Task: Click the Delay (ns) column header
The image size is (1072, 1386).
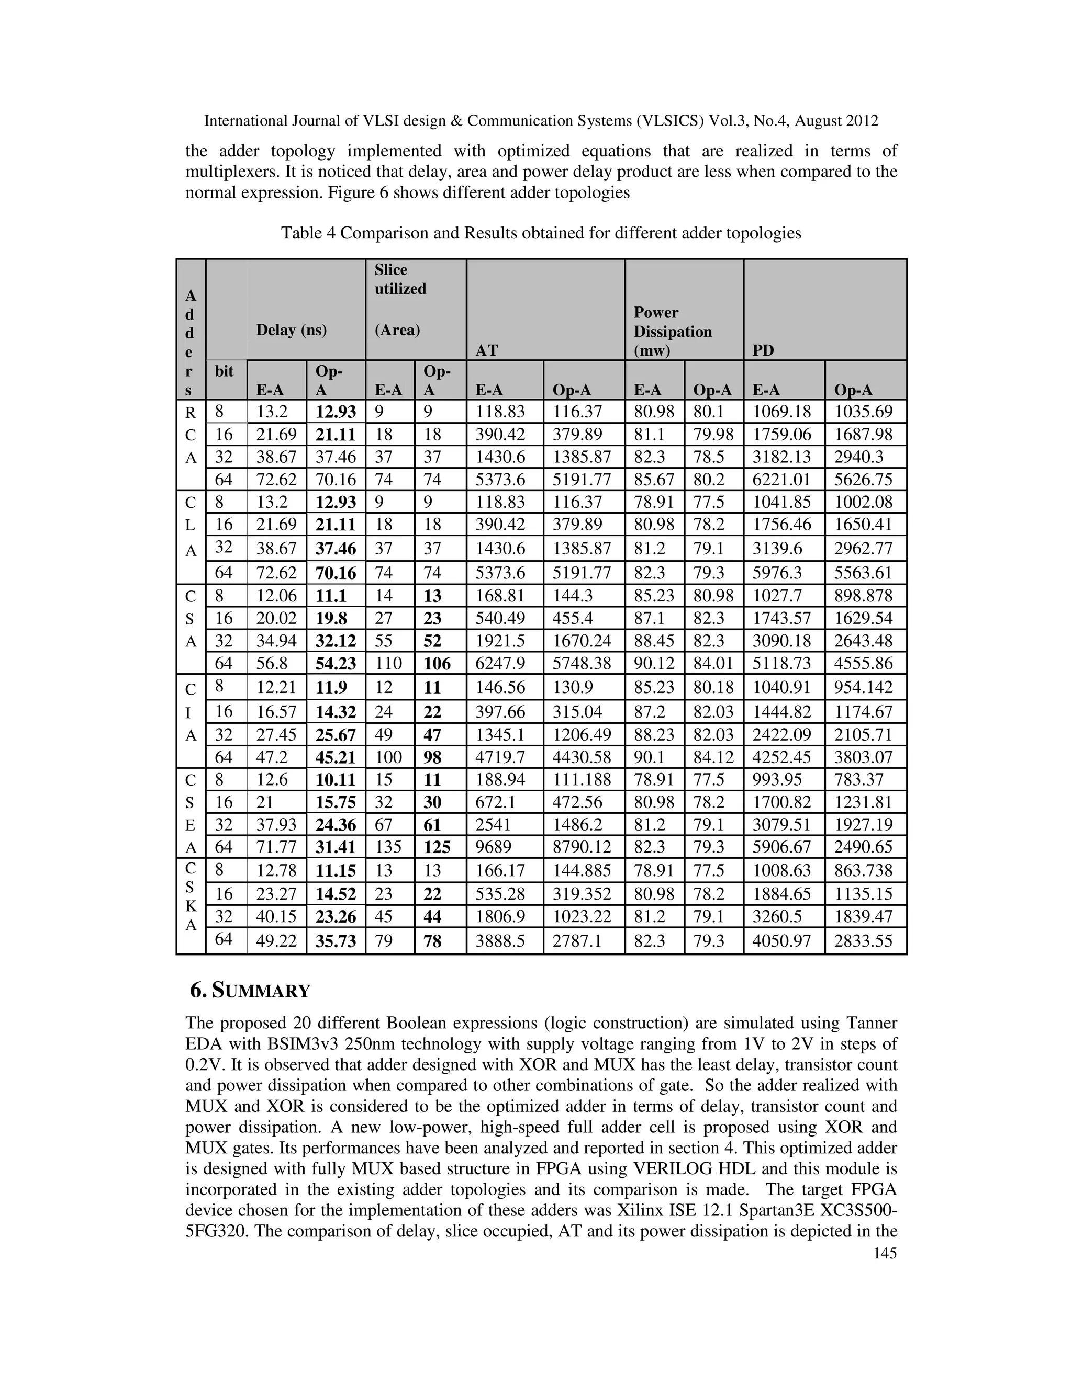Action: (292, 330)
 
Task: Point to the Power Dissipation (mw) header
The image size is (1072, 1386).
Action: (673, 331)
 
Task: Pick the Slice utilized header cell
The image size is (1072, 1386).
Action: (400, 279)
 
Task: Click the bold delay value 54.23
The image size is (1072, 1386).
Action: (336, 664)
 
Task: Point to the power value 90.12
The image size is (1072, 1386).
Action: (653, 664)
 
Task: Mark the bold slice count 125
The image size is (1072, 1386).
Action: (437, 847)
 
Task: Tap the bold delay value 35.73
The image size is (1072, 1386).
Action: (336, 940)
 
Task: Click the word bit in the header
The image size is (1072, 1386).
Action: (224, 371)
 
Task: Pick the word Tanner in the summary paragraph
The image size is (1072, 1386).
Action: (872, 1023)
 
